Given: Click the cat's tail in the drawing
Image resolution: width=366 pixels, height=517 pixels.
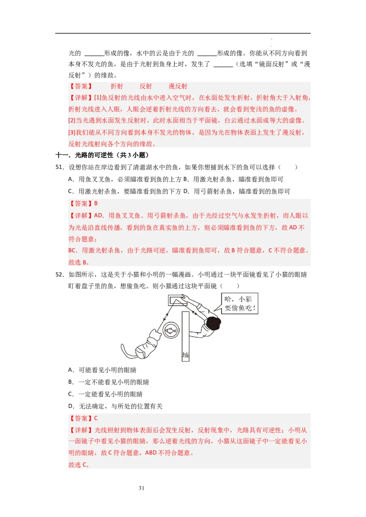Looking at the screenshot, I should [126, 351].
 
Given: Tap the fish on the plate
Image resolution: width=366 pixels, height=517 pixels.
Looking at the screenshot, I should [171, 329].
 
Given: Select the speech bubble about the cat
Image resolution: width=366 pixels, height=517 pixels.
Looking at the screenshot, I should [240, 303].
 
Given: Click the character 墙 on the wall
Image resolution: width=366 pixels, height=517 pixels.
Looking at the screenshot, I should [185, 355].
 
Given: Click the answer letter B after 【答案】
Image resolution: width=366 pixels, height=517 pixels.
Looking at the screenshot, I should [96, 204].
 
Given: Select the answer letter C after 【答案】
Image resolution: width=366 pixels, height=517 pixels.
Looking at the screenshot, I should [96, 418].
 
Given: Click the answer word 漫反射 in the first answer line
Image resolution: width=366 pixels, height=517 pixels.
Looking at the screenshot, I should [178, 86].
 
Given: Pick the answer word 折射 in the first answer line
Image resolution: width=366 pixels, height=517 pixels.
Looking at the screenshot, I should [117, 86].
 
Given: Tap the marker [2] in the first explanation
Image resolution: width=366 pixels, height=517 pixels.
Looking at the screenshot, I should [72, 121].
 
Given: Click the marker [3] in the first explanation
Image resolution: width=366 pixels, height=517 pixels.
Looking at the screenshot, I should [72, 132].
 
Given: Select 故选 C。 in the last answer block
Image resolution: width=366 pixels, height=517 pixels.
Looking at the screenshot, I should [78, 465].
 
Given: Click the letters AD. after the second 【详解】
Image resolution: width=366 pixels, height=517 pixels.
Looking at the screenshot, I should [99, 216].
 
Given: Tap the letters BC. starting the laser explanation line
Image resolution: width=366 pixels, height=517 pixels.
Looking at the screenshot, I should [73, 251].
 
